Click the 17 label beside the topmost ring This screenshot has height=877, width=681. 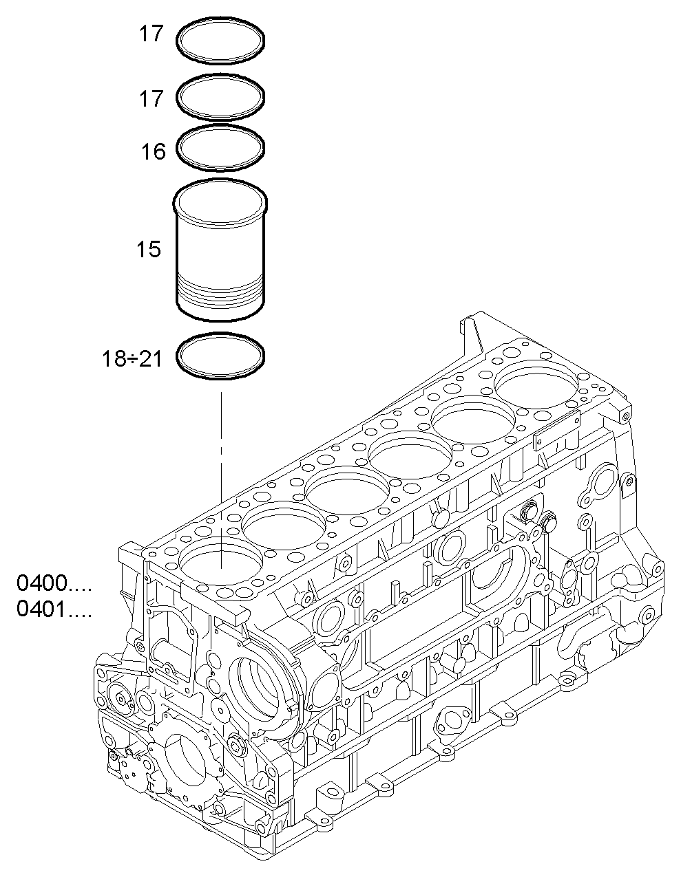click(x=151, y=34)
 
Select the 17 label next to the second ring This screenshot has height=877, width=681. click(x=151, y=99)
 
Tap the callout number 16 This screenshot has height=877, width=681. click(x=154, y=151)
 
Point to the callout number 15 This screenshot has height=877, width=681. click(x=148, y=249)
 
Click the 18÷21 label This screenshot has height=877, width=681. click(x=132, y=358)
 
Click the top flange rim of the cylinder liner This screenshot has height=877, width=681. click(x=220, y=199)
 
